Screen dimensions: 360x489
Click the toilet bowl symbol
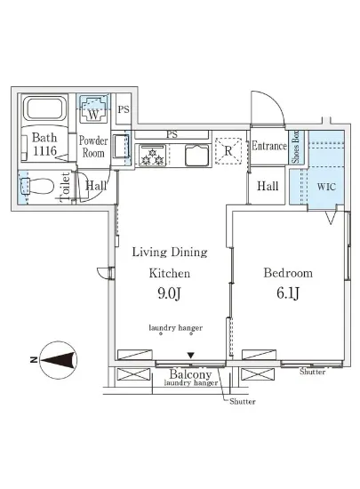click(36, 187)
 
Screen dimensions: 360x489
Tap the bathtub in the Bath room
click(45, 108)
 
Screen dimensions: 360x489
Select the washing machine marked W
click(93, 109)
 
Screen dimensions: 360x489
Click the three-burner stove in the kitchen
click(152, 155)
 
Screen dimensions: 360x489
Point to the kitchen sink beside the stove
click(197, 155)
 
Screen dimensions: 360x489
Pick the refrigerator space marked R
click(228, 151)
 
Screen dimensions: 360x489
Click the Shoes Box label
click(295, 147)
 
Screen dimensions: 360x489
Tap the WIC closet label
click(326, 187)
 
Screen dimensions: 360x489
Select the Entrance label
click(269, 146)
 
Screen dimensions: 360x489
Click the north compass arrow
click(59, 360)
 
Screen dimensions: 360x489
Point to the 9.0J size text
click(169, 293)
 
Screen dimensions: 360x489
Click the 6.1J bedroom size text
click(288, 293)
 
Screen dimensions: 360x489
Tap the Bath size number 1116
click(44, 151)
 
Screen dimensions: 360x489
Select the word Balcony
click(190, 374)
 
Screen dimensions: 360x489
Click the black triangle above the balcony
click(191, 356)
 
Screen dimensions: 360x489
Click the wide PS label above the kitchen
click(172, 134)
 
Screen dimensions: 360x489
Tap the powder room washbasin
click(121, 147)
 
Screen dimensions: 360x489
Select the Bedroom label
click(288, 273)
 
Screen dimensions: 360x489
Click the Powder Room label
click(93, 147)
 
